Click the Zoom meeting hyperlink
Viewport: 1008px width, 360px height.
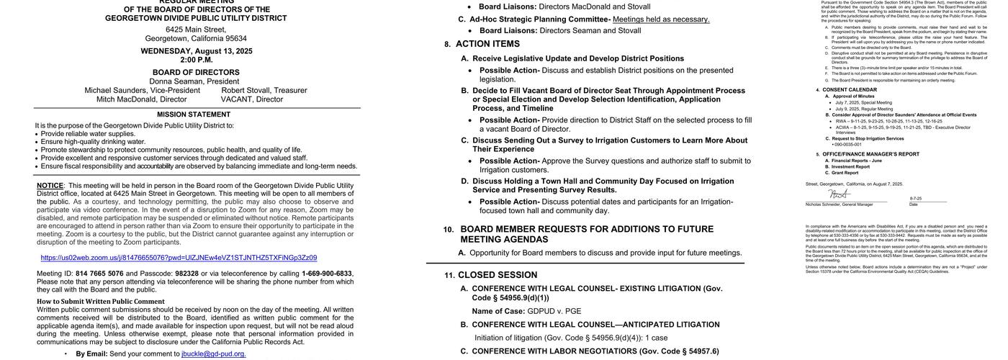pyautogui.click(x=179, y=258)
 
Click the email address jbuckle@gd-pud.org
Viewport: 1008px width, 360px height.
pyautogui.click(x=213, y=354)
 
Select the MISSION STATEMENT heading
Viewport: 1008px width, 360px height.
pyautogui.click(x=194, y=114)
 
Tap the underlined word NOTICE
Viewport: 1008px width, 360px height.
pyautogui.click(x=50, y=186)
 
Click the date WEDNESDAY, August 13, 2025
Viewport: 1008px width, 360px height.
pyautogui.click(x=196, y=51)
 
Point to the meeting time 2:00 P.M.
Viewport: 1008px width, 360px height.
pyautogui.click(x=196, y=60)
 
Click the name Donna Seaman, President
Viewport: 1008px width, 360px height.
pyautogui.click(x=194, y=81)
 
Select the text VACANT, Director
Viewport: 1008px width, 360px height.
pyautogui.click(x=251, y=99)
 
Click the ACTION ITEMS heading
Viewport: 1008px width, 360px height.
pyautogui.click(x=487, y=44)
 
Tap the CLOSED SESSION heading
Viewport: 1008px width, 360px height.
pyautogui.click(x=498, y=275)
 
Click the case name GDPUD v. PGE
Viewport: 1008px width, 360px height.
pyautogui.click(x=554, y=311)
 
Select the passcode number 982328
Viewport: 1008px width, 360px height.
pyautogui.click(x=186, y=274)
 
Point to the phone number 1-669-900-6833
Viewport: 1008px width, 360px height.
pyautogui.click(x=326, y=274)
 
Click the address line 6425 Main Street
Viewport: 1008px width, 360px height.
pyautogui.click(x=196, y=30)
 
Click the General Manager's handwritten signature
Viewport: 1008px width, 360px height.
pyautogui.click(x=838, y=194)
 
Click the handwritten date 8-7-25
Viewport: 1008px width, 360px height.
pyautogui.click(x=915, y=199)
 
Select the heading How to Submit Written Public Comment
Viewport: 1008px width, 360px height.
pyautogui.click(x=101, y=302)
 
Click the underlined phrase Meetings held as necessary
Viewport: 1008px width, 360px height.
pyautogui.click(x=661, y=19)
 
